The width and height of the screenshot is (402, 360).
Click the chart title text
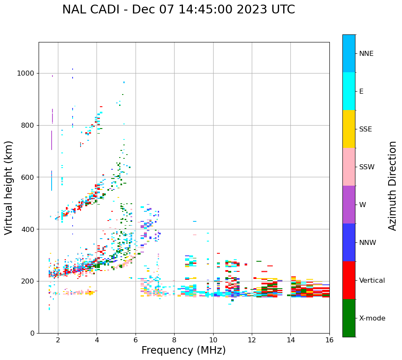[178, 10]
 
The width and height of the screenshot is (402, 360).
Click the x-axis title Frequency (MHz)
[183, 350]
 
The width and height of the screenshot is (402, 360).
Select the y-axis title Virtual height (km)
[9, 187]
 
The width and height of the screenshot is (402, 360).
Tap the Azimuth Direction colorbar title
[392, 186]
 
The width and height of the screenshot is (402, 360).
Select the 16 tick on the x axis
[329, 340]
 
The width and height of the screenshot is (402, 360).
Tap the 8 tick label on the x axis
[174, 340]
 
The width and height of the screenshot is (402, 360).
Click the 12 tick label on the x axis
[252, 340]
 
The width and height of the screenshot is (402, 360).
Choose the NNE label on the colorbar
[366, 54]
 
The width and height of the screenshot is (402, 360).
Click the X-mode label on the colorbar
[372, 318]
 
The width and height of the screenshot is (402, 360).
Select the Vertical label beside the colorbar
[372, 281]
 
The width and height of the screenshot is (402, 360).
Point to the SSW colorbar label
[367, 167]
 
